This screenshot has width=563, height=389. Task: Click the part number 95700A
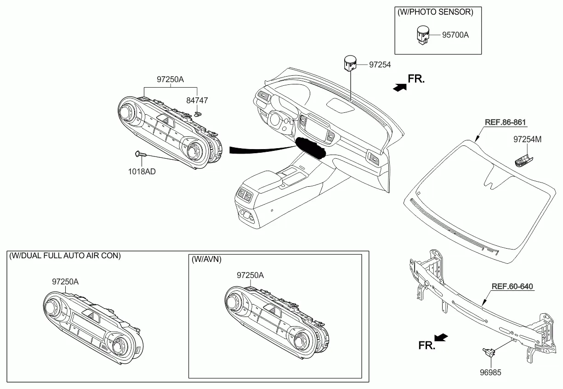[x=455, y=35]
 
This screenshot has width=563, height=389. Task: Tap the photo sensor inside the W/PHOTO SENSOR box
[x=422, y=35]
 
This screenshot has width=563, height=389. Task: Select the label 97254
[x=380, y=65]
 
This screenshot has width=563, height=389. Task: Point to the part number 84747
[x=197, y=100]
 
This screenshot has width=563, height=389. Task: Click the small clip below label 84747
[x=198, y=114]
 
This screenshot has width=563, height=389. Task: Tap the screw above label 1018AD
[x=140, y=154]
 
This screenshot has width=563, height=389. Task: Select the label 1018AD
[x=142, y=172]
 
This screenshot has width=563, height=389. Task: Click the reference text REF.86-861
[x=505, y=122]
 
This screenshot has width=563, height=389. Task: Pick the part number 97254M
[x=527, y=139]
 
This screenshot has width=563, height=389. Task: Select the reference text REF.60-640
[x=512, y=286]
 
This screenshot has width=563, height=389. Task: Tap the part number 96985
[x=490, y=372]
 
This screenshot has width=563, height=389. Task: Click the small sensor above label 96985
[x=489, y=353]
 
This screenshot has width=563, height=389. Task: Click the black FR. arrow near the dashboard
[x=400, y=88]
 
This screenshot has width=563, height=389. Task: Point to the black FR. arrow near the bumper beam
[x=441, y=337]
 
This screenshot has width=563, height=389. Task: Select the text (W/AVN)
[x=206, y=259]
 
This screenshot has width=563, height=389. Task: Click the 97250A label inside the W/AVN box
[x=250, y=275]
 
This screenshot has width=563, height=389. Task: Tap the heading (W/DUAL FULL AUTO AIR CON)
[x=65, y=256]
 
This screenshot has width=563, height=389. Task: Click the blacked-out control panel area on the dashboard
[x=310, y=148]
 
